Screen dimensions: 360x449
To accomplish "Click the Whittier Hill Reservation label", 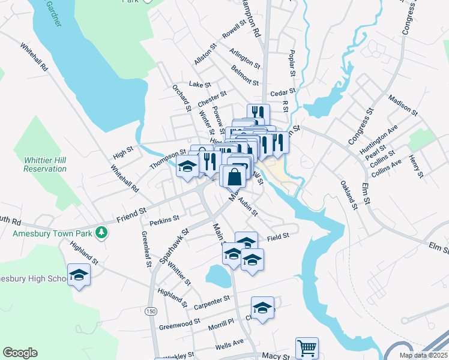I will point(45,164).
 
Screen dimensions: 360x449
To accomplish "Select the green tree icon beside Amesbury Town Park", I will point(103,232).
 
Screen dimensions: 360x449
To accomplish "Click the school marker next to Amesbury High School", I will point(79,275).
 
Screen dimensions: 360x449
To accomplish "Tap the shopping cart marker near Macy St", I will point(307,347).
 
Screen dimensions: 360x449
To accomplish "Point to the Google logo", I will point(20,353).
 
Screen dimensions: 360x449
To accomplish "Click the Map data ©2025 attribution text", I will point(423,355).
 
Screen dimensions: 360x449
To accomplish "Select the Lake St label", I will point(197,85).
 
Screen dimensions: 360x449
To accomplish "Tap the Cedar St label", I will point(283,92).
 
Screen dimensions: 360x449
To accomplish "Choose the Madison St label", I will point(403,104).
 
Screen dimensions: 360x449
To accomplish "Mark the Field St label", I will point(278,236).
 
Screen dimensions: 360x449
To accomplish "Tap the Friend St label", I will point(131,212).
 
